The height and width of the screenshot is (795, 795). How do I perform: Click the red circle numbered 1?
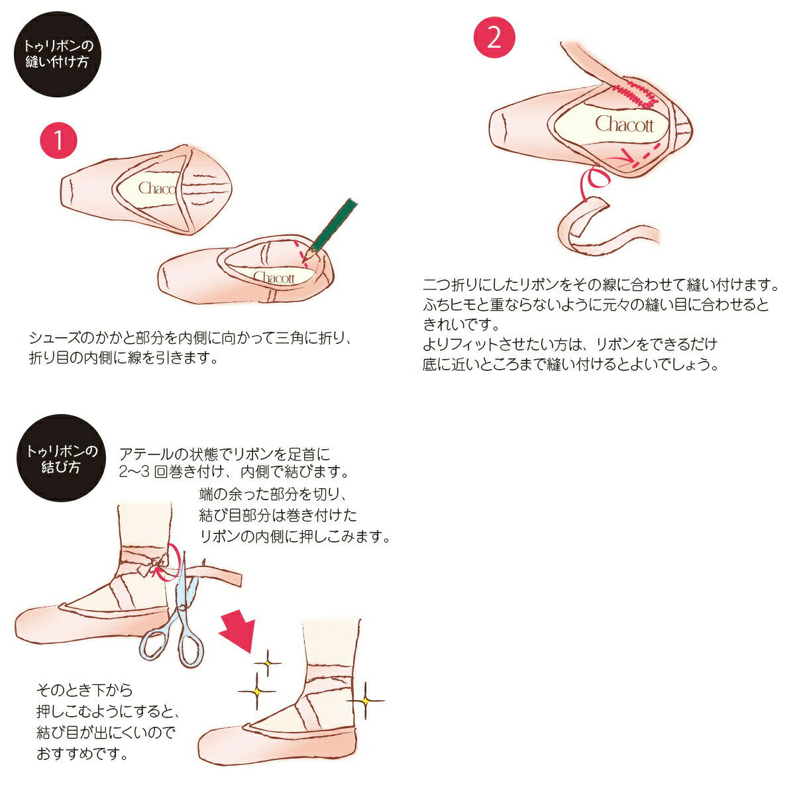coord(58,140)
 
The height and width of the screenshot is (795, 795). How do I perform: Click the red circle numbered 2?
coord(494,37)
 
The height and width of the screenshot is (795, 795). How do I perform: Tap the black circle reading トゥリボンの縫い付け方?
coord(58,54)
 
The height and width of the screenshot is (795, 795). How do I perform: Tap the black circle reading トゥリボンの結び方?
coord(61,458)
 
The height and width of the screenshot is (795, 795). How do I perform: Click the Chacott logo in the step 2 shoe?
coord(624,124)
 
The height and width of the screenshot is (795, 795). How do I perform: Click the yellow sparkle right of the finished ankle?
coord(366,700)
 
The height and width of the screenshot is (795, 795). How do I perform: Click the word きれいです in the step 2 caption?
coord(461,324)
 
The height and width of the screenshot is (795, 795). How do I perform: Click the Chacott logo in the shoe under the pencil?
coord(274,277)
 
